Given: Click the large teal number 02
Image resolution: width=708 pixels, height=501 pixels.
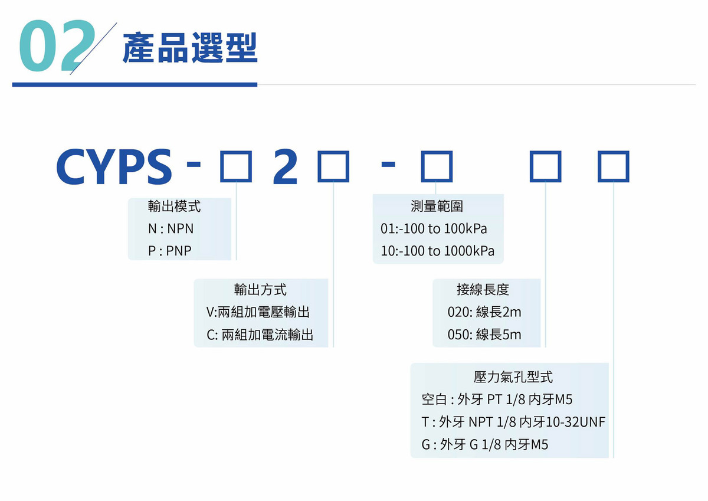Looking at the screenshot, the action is point(57,45).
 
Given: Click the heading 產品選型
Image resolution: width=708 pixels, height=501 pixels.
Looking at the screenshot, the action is point(190,48).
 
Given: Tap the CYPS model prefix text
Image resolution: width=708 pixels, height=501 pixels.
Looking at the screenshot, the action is point(114,166).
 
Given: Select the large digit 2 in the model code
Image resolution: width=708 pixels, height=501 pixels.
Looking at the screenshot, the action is point(285,166).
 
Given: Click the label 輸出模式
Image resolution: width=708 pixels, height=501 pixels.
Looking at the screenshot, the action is point(174,207).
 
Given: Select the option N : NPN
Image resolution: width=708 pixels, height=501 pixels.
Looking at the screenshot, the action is point(171,228).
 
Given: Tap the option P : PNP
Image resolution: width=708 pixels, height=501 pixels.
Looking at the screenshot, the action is point(170,251).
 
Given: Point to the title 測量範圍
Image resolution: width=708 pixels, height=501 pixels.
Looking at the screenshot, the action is point(437,207).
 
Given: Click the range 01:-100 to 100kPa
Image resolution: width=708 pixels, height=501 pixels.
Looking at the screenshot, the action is point(434,228).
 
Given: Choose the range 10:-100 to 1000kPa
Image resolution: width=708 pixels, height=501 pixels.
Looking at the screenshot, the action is point(437,251).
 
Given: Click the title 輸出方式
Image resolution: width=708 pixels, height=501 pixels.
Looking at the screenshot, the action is point(260,290).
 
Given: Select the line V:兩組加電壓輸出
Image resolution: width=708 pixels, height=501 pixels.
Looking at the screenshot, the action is point(258,312).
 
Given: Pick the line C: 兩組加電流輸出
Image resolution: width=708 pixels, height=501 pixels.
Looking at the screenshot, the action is point(260,335).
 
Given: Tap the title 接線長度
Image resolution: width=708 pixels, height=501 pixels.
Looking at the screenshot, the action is point(483,290).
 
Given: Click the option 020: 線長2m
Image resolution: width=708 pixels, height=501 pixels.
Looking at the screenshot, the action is point(484,312).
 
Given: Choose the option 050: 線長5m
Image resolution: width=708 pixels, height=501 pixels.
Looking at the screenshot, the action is point(484,335).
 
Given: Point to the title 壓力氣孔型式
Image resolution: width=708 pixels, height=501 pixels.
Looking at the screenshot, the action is point(513,377).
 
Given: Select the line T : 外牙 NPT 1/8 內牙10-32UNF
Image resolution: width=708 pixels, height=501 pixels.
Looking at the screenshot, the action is point(513,422).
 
